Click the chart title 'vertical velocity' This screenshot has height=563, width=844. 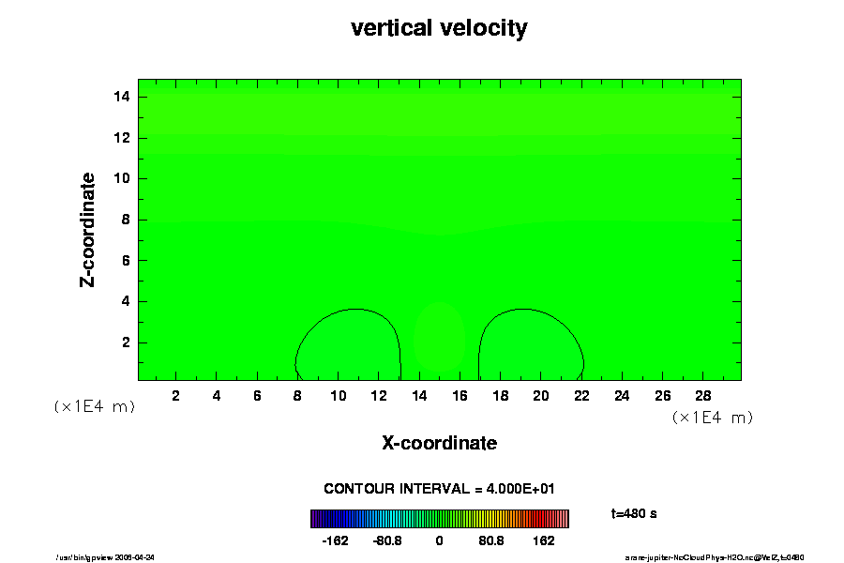pyautogui.click(x=439, y=28)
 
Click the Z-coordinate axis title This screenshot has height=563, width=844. pyautogui.click(x=89, y=229)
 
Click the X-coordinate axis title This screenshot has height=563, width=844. pyautogui.click(x=439, y=442)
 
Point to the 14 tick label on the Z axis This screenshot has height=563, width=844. pyautogui.click(x=119, y=97)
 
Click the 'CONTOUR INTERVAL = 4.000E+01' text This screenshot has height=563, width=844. pyautogui.click(x=439, y=489)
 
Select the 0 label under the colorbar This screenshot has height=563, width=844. pyautogui.click(x=439, y=541)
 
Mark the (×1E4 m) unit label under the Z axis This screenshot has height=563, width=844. pyautogui.click(x=94, y=406)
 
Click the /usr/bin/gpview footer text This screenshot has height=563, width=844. pyautogui.click(x=106, y=556)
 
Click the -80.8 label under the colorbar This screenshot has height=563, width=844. pyautogui.click(x=386, y=541)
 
